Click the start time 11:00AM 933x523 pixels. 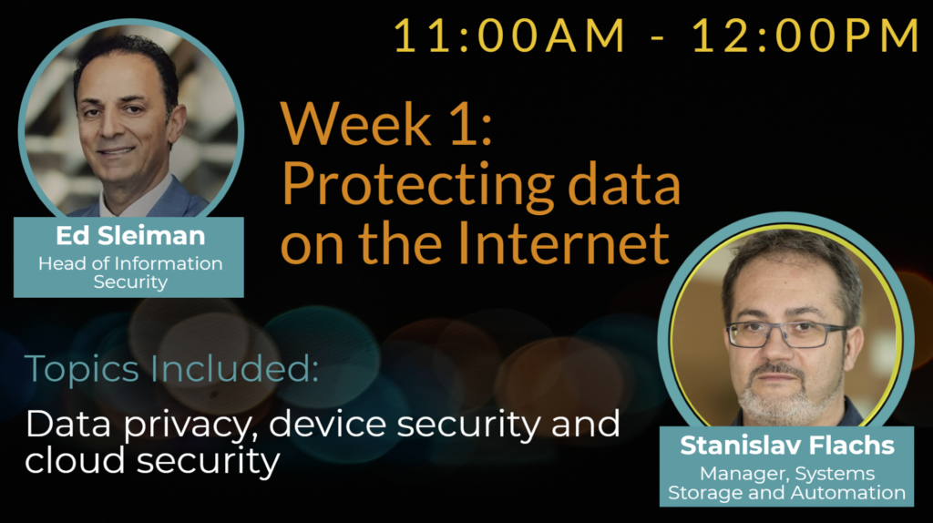click(509, 36)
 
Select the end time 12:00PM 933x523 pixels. click(806, 36)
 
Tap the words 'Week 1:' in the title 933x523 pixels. click(386, 124)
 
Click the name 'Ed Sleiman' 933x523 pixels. click(130, 236)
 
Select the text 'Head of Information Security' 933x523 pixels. click(130, 272)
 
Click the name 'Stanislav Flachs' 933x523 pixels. click(786, 446)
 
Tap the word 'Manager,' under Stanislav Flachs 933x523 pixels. click(746, 474)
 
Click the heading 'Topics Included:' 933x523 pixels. click(171, 369)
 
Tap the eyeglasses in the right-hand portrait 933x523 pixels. click(786, 334)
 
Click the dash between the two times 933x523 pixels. click(658, 39)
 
